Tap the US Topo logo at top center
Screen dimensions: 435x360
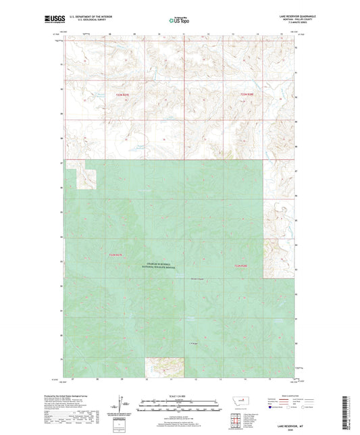tap(178, 21)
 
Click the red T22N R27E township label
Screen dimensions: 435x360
tap(122, 95)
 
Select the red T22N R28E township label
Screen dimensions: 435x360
tap(250, 95)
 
